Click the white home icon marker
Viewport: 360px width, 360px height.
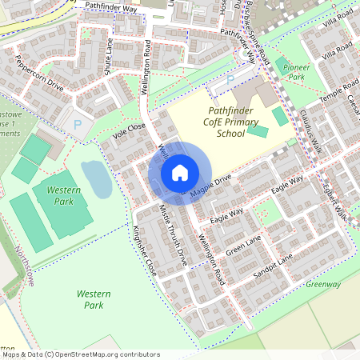[x=180, y=172]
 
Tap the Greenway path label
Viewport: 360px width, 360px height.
[x=323, y=284]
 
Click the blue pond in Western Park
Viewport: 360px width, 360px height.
[x=95, y=178]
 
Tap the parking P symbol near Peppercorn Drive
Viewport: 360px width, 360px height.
[x=77, y=124]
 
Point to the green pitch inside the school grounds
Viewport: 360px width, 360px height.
[x=258, y=130]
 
